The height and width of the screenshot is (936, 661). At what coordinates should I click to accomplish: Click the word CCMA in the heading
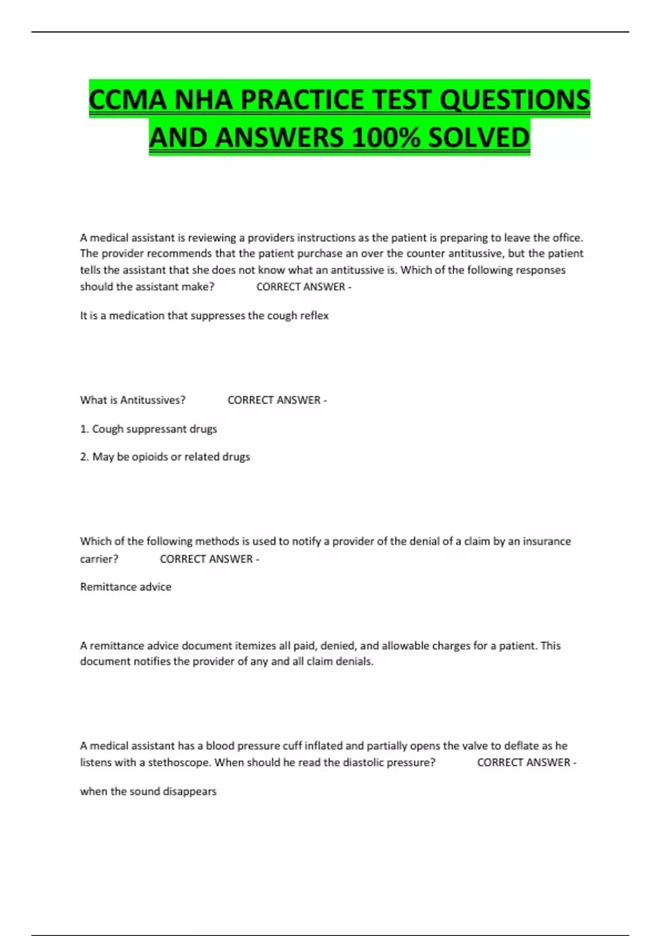point(127,100)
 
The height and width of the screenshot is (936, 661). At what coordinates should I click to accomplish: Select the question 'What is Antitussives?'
point(133,400)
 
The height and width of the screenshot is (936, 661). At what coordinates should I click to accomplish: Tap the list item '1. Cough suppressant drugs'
point(149,429)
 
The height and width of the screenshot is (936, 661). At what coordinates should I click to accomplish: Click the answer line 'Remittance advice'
point(126,587)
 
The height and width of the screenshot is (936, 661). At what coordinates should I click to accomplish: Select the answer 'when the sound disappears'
point(148,791)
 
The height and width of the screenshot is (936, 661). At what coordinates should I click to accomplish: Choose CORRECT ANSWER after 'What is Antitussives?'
point(274,400)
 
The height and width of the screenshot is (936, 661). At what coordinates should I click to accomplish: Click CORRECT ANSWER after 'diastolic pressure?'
point(524,763)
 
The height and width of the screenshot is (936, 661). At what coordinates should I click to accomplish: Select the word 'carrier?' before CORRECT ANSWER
point(99,559)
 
